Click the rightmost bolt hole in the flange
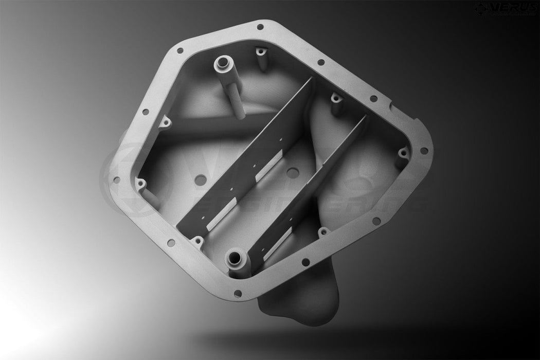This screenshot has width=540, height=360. [x=424, y=151]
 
